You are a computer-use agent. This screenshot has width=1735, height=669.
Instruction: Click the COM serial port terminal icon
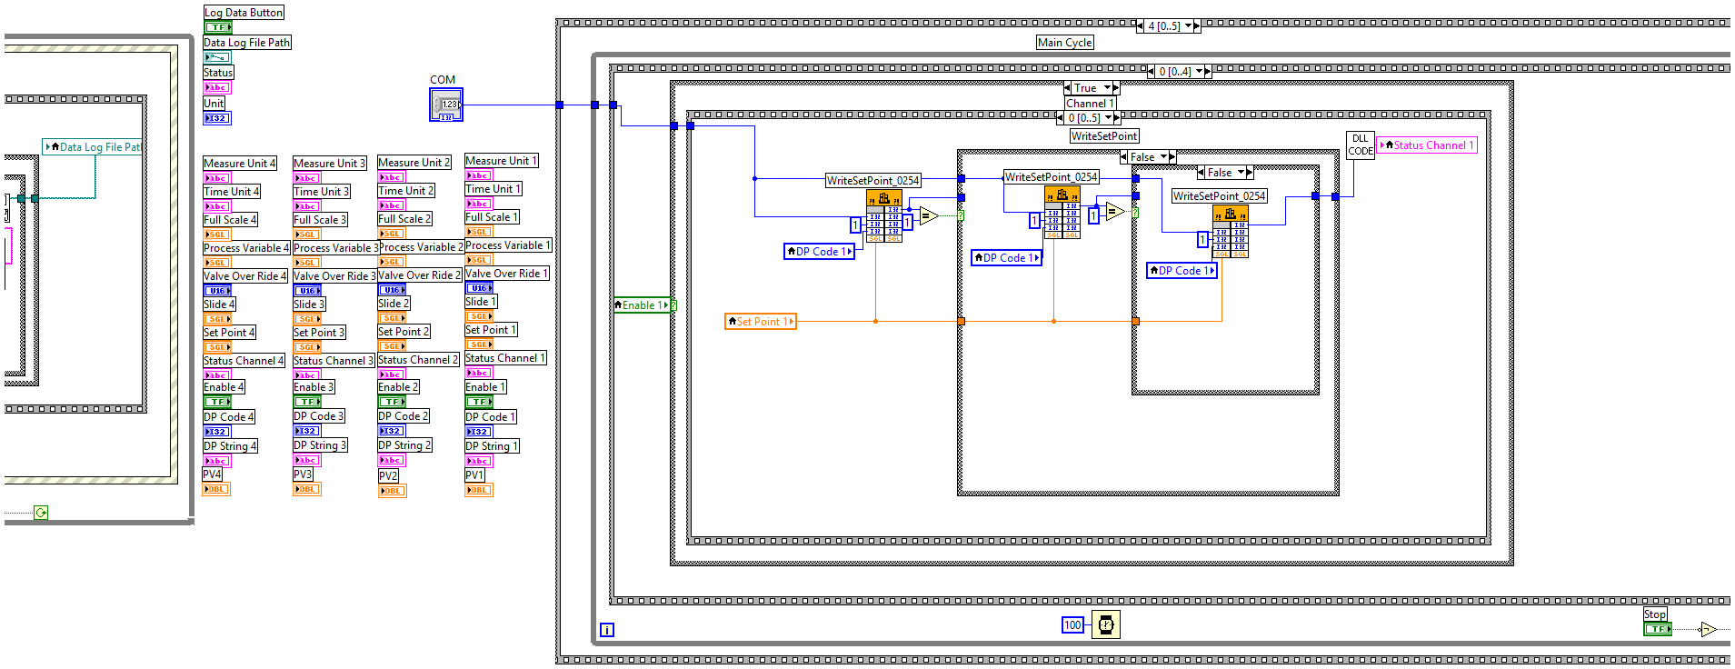[x=446, y=105]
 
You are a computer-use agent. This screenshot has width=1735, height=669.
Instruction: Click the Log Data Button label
[x=244, y=13]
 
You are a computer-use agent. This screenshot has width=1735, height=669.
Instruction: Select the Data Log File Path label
[x=246, y=43]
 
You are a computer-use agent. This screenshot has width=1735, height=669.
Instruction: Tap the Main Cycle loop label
[x=1065, y=43]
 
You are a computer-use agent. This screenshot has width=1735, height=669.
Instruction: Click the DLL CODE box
[x=1360, y=145]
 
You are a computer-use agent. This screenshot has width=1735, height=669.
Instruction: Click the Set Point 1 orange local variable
[x=761, y=322]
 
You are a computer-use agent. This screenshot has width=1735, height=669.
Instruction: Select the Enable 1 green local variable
[x=643, y=305]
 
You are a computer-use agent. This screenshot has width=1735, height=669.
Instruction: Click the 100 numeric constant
[x=1072, y=625]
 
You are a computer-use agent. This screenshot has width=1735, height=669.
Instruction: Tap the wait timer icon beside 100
[x=1106, y=625]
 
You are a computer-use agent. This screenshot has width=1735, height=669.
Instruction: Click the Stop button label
[x=1654, y=614]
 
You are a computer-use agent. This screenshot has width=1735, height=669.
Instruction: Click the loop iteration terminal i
[x=607, y=630]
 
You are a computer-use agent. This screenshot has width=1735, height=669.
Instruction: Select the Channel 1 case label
[x=1090, y=104]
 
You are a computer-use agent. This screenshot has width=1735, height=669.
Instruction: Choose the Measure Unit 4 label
[x=239, y=164]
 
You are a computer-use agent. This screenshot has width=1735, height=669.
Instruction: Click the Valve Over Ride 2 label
[x=419, y=275]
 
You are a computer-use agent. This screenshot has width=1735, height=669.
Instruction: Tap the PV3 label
[x=303, y=474]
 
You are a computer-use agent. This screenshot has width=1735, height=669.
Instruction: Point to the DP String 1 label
[x=492, y=446]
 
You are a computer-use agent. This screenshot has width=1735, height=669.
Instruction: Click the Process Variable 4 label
[x=246, y=248]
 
